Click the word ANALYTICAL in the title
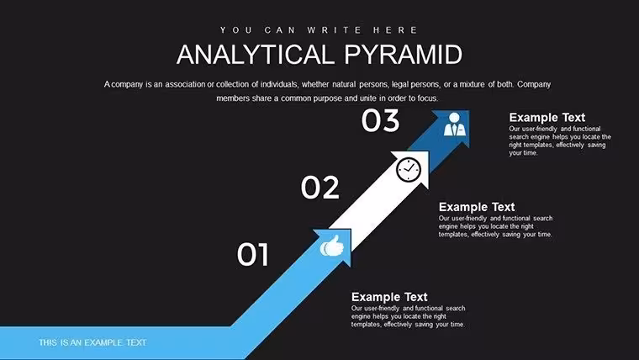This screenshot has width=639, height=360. coord(253,55)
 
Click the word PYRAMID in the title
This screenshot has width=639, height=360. coord(404,55)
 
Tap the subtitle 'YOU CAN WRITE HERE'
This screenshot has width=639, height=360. coord(319,30)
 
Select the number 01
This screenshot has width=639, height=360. coord(253,254)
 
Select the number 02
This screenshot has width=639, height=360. coord(319,188)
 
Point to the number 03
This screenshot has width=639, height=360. coord(380,120)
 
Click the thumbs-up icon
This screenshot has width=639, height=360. coord(332,246)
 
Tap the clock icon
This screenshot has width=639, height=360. coord(409,170)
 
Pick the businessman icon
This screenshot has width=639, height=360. coord(454,124)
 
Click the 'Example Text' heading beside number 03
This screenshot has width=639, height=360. coord(547,118)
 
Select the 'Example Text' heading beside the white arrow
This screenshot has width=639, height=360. coord(477,207)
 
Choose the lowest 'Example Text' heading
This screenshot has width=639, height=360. coord(389,297)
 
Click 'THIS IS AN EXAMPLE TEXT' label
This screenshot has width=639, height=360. coord(92,342)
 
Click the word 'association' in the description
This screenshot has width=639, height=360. coord(185,84)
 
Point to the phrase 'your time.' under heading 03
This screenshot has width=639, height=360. coord(523,153)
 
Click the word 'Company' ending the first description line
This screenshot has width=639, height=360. coord(534,85)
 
